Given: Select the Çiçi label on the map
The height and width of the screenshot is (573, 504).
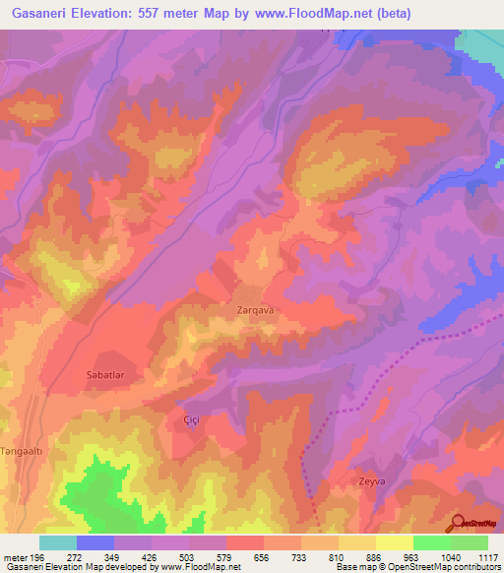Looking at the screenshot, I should tap(192, 419).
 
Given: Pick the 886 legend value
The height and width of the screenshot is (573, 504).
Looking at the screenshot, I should tap(356, 557).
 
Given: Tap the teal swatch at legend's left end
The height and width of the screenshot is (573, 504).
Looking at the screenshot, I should tap(58, 542).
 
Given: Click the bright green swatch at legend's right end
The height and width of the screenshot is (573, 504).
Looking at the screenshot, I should tap(470, 542).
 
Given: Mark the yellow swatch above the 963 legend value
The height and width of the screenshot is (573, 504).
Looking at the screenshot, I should tap(395, 542).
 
